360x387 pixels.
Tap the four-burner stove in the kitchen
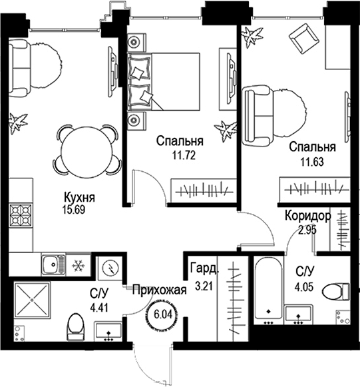(21, 215)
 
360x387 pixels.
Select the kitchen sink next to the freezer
(53, 264)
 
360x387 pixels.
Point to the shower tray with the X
(32, 300)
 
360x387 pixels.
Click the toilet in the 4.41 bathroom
(76, 327)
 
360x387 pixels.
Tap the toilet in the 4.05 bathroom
(336, 292)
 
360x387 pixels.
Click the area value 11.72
(184, 155)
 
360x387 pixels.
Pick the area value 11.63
(312, 162)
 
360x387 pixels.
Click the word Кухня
(79, 198)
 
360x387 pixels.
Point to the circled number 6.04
(163, 314)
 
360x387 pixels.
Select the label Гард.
(204, 269)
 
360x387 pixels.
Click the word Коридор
(308, 216)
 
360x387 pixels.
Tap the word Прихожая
(159, 290)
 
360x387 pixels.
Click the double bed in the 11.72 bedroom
(163, 81)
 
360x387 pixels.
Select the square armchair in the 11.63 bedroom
(304, 39)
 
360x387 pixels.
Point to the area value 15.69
(74, 210)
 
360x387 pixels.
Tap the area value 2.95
(307, 230)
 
